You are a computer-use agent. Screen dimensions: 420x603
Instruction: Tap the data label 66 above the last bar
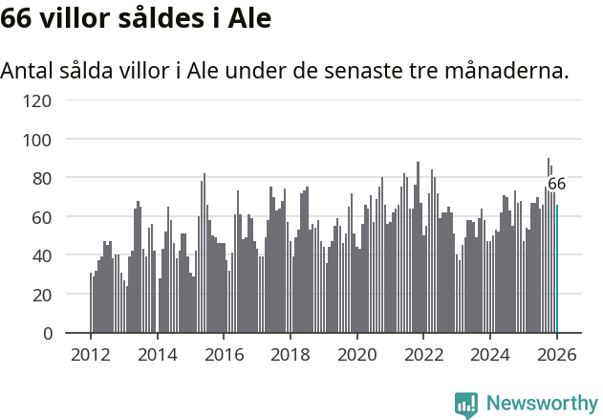tap(556, 184)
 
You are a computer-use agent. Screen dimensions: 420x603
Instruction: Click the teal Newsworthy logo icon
tap(466, 405)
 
